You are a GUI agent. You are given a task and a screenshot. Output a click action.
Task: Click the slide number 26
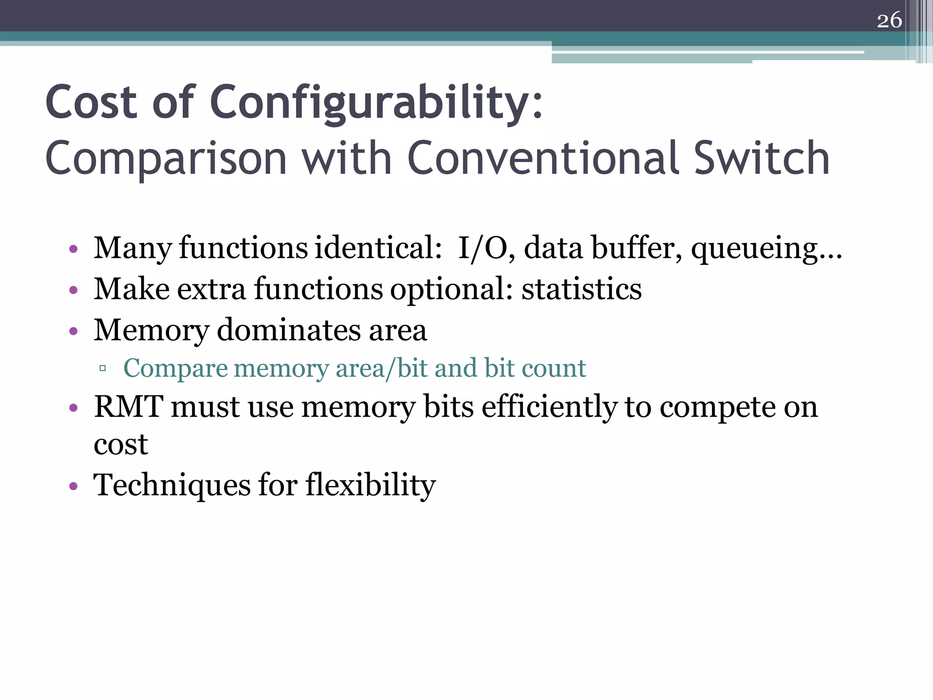pos(889,21)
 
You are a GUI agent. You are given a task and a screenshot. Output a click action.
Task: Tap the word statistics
pos(581,289)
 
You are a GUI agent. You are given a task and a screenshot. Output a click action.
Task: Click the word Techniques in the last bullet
pos(172,485)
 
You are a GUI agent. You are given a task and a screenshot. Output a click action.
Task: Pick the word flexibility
pos(370,485)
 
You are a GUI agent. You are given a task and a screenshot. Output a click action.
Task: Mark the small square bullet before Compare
pos(103,368)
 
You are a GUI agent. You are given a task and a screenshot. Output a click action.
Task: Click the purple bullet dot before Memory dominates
pos(73,331)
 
